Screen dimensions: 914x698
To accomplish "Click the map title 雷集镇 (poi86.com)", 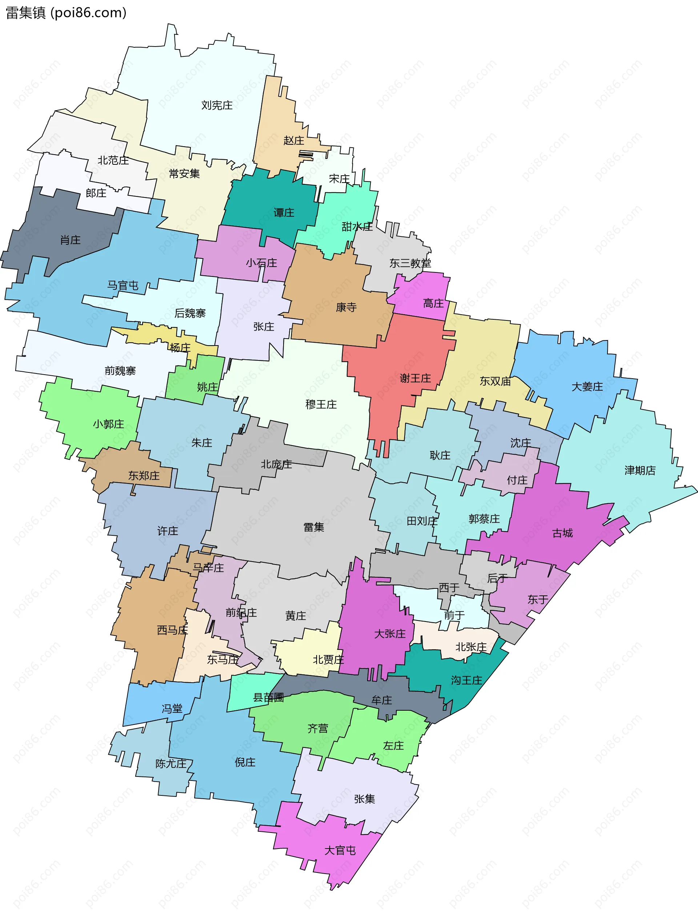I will point(66,13).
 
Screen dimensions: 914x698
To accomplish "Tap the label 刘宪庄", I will point(217,105).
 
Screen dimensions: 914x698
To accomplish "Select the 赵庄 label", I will point(294,140).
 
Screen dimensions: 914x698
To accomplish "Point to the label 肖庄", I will point(70,240).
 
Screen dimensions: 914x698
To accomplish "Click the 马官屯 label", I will point(123,285).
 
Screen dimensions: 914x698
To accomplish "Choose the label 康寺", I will point(346,307).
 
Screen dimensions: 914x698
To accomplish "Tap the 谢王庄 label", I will point(415,378).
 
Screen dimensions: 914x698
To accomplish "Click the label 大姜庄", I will point(587,387).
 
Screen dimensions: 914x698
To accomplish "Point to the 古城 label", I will point(562,533).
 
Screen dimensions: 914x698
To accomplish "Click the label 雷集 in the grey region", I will point(314,527).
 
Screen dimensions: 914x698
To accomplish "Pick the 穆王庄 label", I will point(321,404).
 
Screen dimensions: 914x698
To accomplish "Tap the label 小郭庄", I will point(108,424).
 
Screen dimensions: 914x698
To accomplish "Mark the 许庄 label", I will point(168,531).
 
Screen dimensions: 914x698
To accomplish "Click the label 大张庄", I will point(390,634).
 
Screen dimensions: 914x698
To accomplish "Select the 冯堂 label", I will point(172,708).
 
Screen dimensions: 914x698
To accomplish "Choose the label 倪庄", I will point(245,762).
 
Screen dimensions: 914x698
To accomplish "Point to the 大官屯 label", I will point(340,850).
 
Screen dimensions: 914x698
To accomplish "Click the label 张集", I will point(364,798).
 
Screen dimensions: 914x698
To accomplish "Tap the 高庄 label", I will point(433,303).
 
